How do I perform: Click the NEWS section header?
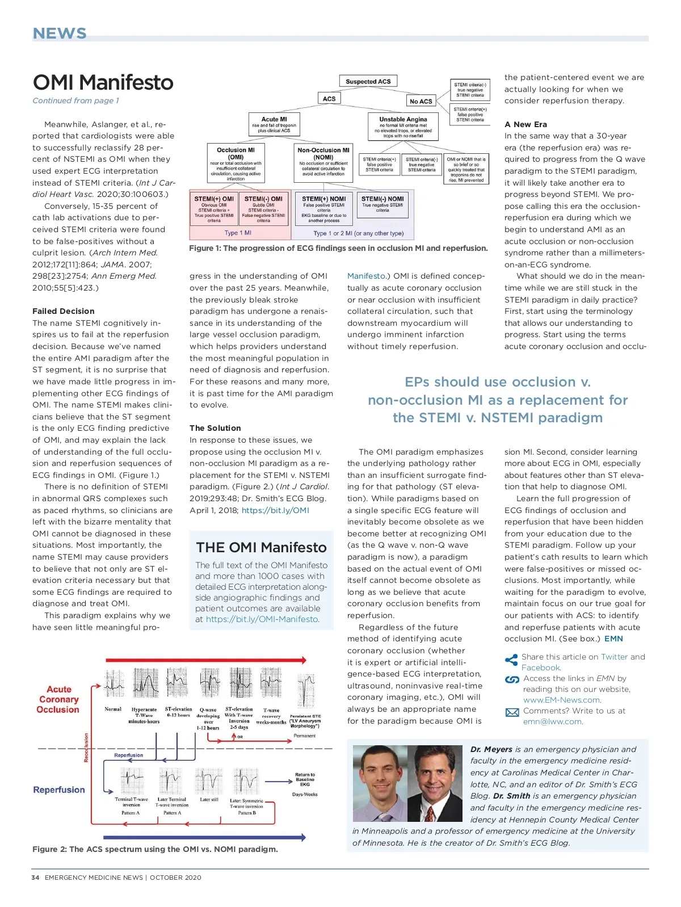click(60, 33)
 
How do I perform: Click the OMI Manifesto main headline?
click(103, 82)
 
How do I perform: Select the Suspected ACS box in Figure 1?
click(368, 81)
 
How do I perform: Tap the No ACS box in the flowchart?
click(421, 101)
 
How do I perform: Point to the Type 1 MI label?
click(238, 233)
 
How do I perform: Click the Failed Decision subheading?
click(64, 311)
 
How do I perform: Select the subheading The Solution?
click(215, 428)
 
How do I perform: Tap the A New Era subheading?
click(526, 124)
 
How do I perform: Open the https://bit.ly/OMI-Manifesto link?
click(262, 619)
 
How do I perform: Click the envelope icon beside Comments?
click(512, 712)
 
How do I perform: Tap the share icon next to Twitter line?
click(511, 660)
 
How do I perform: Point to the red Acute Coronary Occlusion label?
click(58, 699)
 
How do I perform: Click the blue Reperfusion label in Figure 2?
click(59, 790)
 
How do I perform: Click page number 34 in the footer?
click(35, 877)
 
